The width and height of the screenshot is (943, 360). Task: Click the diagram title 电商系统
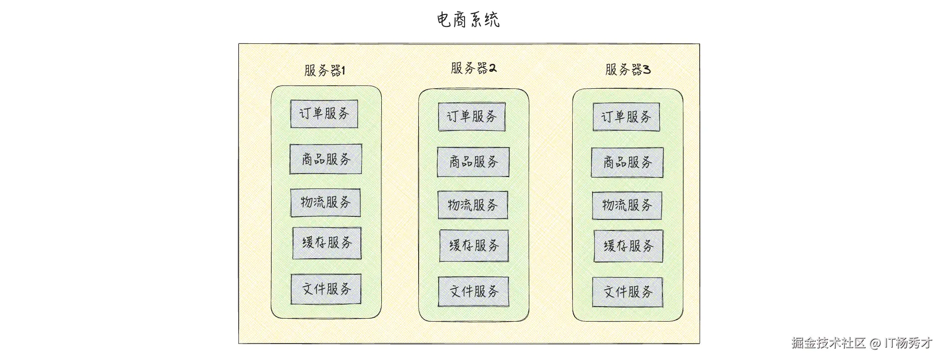(x=468, y=20)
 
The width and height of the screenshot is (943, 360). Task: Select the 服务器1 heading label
(x=324, y=70)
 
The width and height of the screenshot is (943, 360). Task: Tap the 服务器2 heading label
(x=473, y=68)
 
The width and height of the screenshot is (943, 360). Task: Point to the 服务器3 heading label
(x=628, y=69)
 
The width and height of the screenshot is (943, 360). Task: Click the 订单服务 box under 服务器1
(x=324, y=114)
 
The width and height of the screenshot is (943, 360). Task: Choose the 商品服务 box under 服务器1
(x=325, y=159)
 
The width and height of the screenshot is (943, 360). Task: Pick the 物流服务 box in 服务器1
(x=325, y=202)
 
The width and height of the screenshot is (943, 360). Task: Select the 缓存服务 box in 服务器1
(x=327, y=243)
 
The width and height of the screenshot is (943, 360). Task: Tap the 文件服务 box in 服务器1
(x=326, y=289)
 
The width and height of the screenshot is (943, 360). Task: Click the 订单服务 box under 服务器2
(x=471, y=117)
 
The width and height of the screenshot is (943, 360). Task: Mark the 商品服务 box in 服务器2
(x=473, y=162)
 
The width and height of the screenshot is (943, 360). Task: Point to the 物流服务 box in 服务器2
(x=472, y=205)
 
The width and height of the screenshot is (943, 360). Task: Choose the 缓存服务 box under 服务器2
(x=474, y=245)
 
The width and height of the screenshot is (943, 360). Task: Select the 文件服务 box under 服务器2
(x=473, y=291)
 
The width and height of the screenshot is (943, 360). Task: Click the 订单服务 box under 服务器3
(x=626, y=117)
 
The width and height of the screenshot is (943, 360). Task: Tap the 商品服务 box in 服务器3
(x=627, y=162)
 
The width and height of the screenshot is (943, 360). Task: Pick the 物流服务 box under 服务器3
(x=627, y=205)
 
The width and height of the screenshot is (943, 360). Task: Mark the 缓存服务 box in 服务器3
(x=628, y=246)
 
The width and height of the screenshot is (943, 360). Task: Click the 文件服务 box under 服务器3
(x=627, y=292)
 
